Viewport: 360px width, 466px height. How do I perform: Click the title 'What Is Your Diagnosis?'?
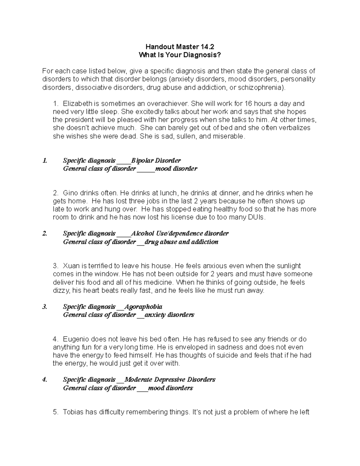click(x=180, y=55)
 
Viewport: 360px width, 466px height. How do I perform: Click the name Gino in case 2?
click(x=70, y=193)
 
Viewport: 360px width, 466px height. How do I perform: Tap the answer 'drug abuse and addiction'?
click(x=181, y=242)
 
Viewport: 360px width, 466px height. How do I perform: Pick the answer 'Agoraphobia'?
click(x=143, y=307)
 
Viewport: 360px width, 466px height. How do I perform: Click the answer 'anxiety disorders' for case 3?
click(x=169, y=315)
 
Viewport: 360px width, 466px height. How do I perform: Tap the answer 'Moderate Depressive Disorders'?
click(x=170, y=380)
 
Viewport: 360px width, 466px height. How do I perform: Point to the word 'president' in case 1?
click(x=76, y=120)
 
